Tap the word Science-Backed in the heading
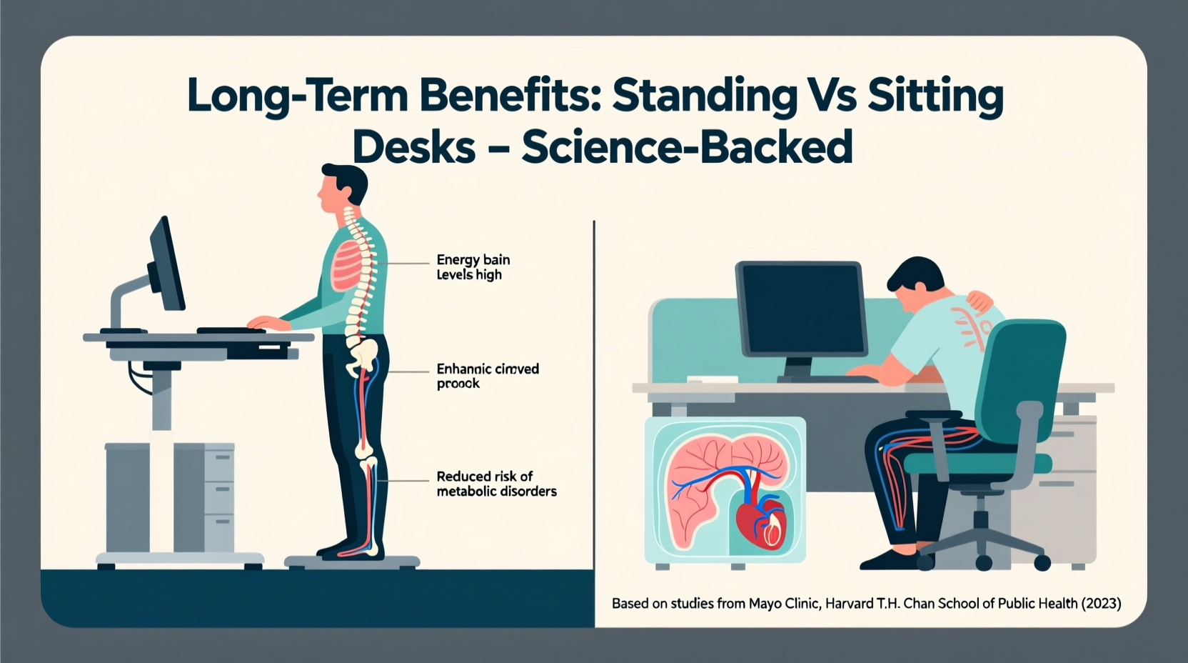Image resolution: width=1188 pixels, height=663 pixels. point(687,147)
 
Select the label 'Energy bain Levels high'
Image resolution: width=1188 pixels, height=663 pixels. point(473,267)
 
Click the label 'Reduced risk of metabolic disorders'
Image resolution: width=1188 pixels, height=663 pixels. point(496,484)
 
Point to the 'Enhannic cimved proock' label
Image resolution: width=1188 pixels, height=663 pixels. point(488,376)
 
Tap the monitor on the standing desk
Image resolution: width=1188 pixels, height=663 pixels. point(166,264)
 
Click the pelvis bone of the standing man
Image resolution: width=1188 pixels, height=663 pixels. point(362,354)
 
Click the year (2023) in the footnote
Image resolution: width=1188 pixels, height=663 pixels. point(1101,604)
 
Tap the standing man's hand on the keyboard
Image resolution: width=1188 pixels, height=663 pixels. point(265,323)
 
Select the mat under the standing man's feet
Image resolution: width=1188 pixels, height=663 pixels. point(351,561)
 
